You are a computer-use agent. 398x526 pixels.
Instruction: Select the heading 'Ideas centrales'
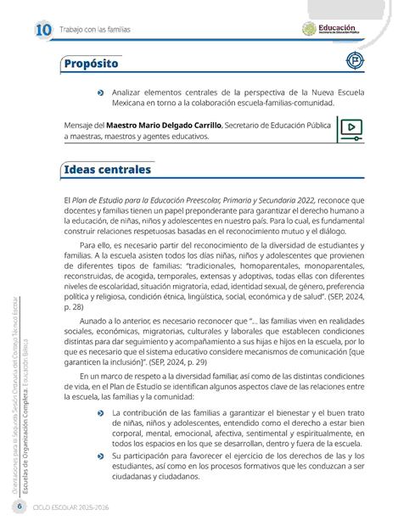pos(107,171)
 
